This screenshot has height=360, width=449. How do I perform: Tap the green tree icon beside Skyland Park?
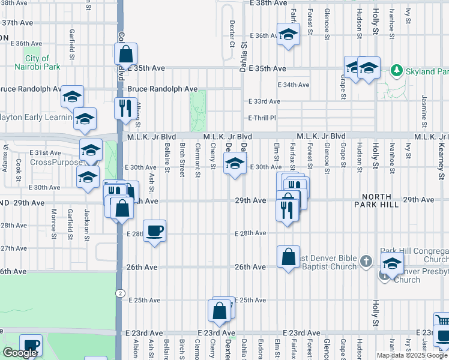[396, 71]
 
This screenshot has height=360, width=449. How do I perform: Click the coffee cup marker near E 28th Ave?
[155, 231]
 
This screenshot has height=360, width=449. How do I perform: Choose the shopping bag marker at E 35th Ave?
[126, 55]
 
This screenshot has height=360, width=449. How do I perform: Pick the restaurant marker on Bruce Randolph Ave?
[125, 109]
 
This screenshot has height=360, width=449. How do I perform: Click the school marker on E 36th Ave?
[288, 35]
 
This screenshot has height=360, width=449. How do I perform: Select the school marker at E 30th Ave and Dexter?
[235, 164]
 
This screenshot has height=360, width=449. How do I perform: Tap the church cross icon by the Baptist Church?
[367, 260]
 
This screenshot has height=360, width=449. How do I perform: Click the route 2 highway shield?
[120, 293]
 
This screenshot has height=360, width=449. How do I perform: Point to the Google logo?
[19, 353]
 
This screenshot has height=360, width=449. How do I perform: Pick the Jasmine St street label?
[424, 106]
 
